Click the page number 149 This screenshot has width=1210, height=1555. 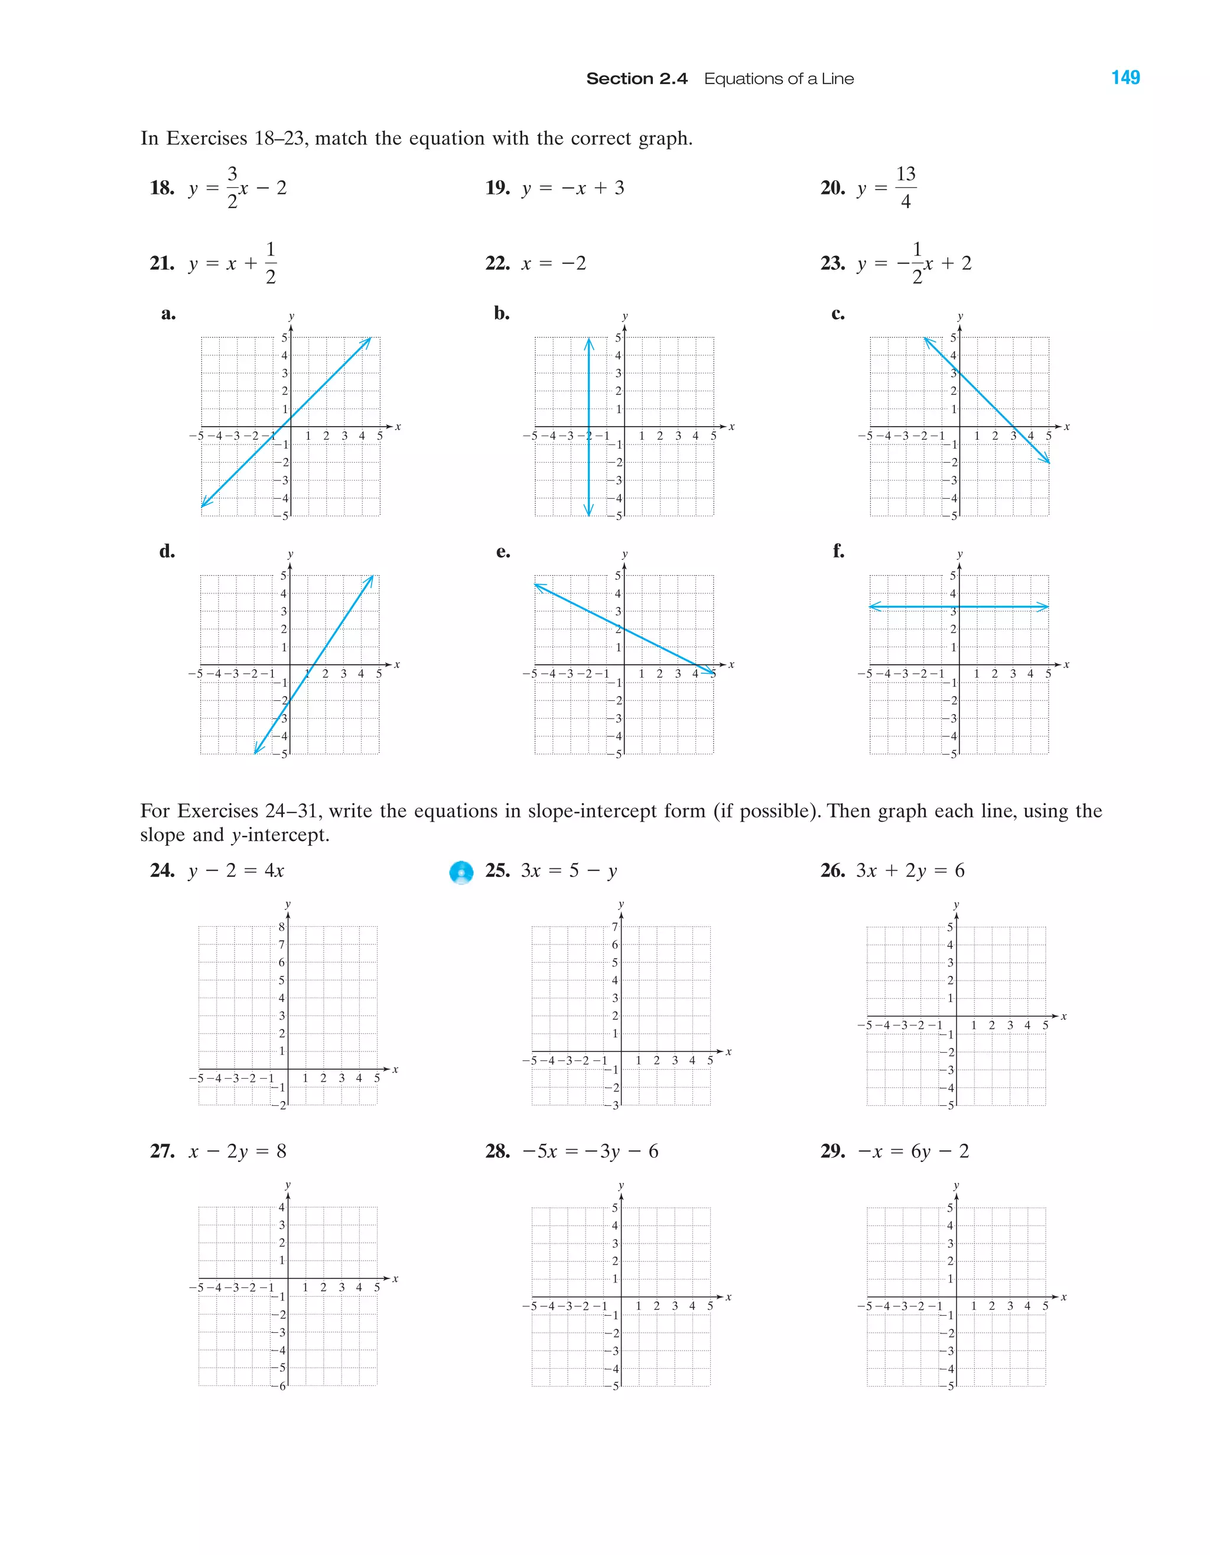[x=1126, y=77]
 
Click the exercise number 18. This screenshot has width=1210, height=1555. [x=161, y=188]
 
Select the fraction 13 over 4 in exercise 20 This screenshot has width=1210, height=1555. [x=905, y=188]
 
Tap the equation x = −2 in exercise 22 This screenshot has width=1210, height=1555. [x=553, y=264]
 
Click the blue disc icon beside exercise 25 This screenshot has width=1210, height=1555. [x=461, y=872]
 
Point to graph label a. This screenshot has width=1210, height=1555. [x=168, y=313]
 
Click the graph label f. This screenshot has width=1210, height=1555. [x=838, y=550]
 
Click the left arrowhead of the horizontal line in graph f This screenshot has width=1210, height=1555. [x=875, y=606]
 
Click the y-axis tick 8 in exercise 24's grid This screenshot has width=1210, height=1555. [x=281, y=927]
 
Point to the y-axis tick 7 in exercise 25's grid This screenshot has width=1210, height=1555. [x=615, y=927]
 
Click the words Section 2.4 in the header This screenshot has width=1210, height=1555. [x=636, y=79]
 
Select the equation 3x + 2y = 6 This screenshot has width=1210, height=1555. [x=910, y=871]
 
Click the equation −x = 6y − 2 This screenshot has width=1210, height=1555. [x=913, y=1151]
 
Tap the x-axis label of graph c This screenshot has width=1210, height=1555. [x=1066, y=427]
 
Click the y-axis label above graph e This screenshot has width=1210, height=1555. [x=624, y=554]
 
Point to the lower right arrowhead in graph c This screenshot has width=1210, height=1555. [x=1046, y=460]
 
